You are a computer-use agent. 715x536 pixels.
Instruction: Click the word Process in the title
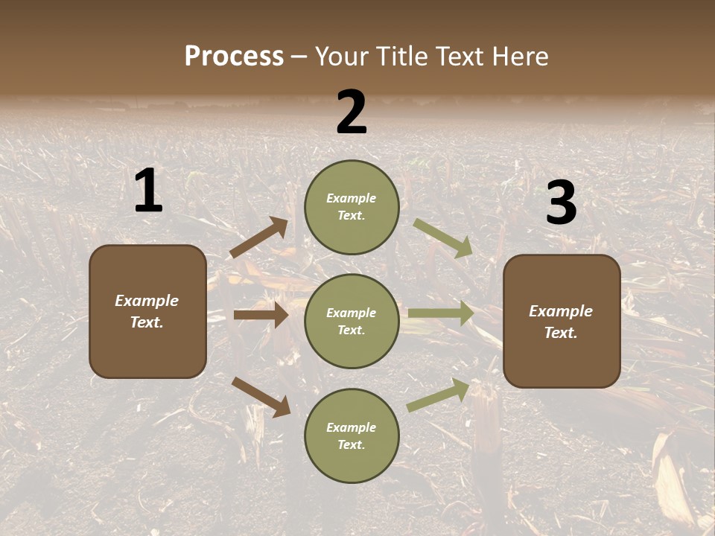click(234, 57)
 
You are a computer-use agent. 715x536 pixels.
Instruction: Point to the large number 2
click(352, 112)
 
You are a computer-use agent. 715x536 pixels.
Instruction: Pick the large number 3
click(562, 202)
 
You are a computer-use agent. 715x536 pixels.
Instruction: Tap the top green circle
click(352, 207)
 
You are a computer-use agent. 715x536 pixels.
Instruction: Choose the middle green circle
click(352, 321)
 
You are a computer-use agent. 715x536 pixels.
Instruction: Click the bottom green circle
click(352, 436)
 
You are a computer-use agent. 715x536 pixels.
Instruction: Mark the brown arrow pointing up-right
click(259, 237)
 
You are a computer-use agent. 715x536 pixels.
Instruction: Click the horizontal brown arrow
click(261, 315)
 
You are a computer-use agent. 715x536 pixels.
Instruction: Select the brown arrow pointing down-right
click(261, 396)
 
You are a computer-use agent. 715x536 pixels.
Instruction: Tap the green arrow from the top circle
click(443, 238)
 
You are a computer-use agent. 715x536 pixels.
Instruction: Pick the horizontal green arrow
click(441, 313)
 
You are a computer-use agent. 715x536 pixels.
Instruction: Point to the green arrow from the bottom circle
click(439, 395)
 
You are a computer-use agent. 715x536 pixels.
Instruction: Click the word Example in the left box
click(147, 301)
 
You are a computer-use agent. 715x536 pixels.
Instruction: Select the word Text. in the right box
click(561, 333)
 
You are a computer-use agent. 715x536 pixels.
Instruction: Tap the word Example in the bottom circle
click(352, 427)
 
